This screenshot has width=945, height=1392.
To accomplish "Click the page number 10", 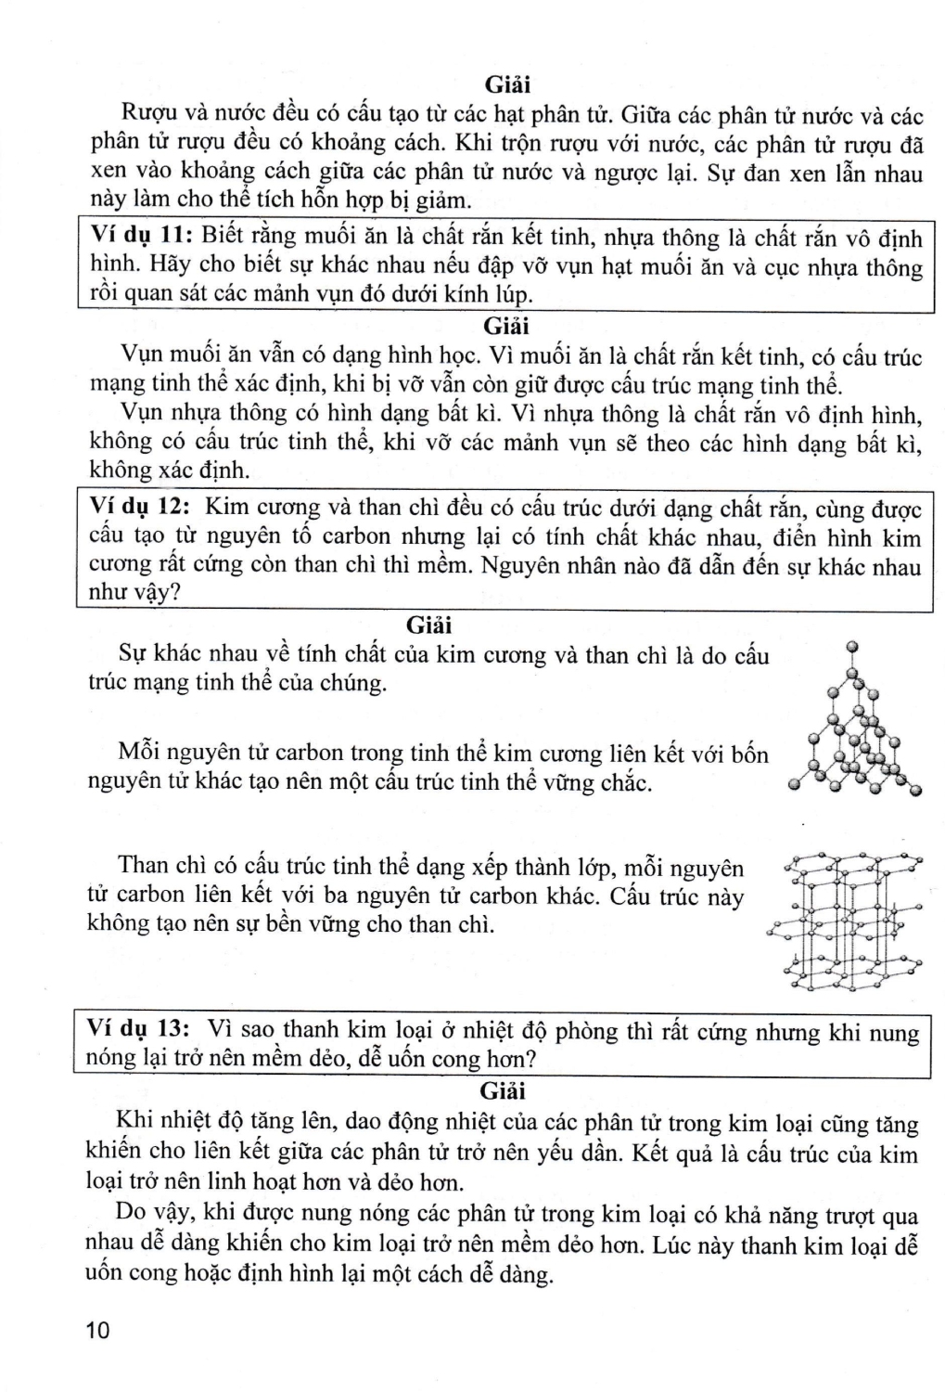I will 96,1330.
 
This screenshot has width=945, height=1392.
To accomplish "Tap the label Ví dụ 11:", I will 140,237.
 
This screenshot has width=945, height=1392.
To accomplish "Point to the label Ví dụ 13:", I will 137,1029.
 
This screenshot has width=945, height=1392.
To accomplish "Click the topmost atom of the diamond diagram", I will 852,646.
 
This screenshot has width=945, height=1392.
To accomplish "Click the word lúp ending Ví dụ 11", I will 513,295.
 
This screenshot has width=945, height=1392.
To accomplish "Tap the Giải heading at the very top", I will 507,84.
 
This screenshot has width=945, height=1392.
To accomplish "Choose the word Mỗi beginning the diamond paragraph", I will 139,753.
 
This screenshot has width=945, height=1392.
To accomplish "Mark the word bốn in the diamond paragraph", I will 749,753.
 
